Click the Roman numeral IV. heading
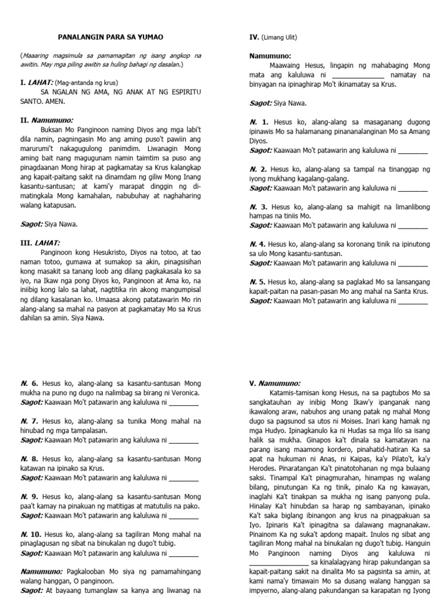click(254, 37)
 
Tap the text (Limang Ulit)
click(279, 38)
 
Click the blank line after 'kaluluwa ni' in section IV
click(358, 75)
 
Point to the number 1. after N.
click(265, 122)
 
